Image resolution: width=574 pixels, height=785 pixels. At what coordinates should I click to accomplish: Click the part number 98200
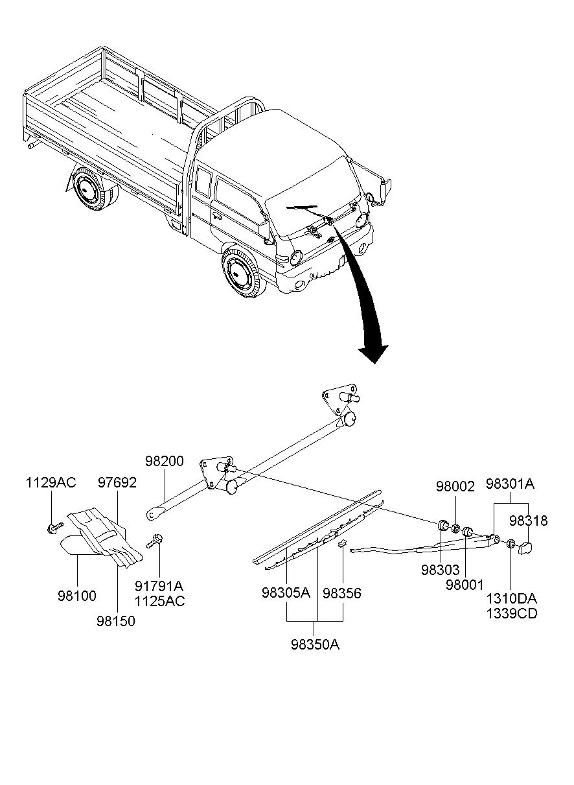(x=165, y=461)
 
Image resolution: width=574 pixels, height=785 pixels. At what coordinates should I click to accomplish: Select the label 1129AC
(x=51, y=482)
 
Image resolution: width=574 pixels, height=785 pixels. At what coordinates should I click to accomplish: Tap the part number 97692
(x=117, y=482)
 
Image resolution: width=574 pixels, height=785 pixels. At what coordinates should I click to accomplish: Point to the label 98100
(x=77, y=596)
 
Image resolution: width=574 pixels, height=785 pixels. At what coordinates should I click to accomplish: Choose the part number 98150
(x=116, y=621)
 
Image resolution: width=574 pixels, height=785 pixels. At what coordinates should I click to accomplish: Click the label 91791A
(x=159, y=586)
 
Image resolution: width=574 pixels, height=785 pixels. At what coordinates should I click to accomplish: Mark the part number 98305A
(x=286, y=593)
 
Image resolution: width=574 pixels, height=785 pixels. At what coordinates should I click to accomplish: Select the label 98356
(x=342, y=593)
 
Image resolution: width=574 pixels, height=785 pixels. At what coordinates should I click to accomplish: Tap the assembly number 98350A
(x=316, y=644)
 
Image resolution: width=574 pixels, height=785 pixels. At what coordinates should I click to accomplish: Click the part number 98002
(x=455, y=486)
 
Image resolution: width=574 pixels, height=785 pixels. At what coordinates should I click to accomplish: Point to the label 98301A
(x=511, y=484)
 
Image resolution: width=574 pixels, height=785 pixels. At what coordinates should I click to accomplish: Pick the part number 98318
(x=528, y=521)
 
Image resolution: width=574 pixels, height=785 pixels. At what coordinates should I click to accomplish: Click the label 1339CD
(x=512, y=614)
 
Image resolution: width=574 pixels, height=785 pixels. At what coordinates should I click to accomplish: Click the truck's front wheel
(x=242, y=273)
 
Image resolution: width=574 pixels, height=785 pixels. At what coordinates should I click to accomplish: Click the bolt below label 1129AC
(x=54, y=528)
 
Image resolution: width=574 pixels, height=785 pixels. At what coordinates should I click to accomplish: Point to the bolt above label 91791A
(x=154, y=541)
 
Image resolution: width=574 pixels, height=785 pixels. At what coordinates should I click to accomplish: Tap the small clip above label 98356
(x=342, y=543)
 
